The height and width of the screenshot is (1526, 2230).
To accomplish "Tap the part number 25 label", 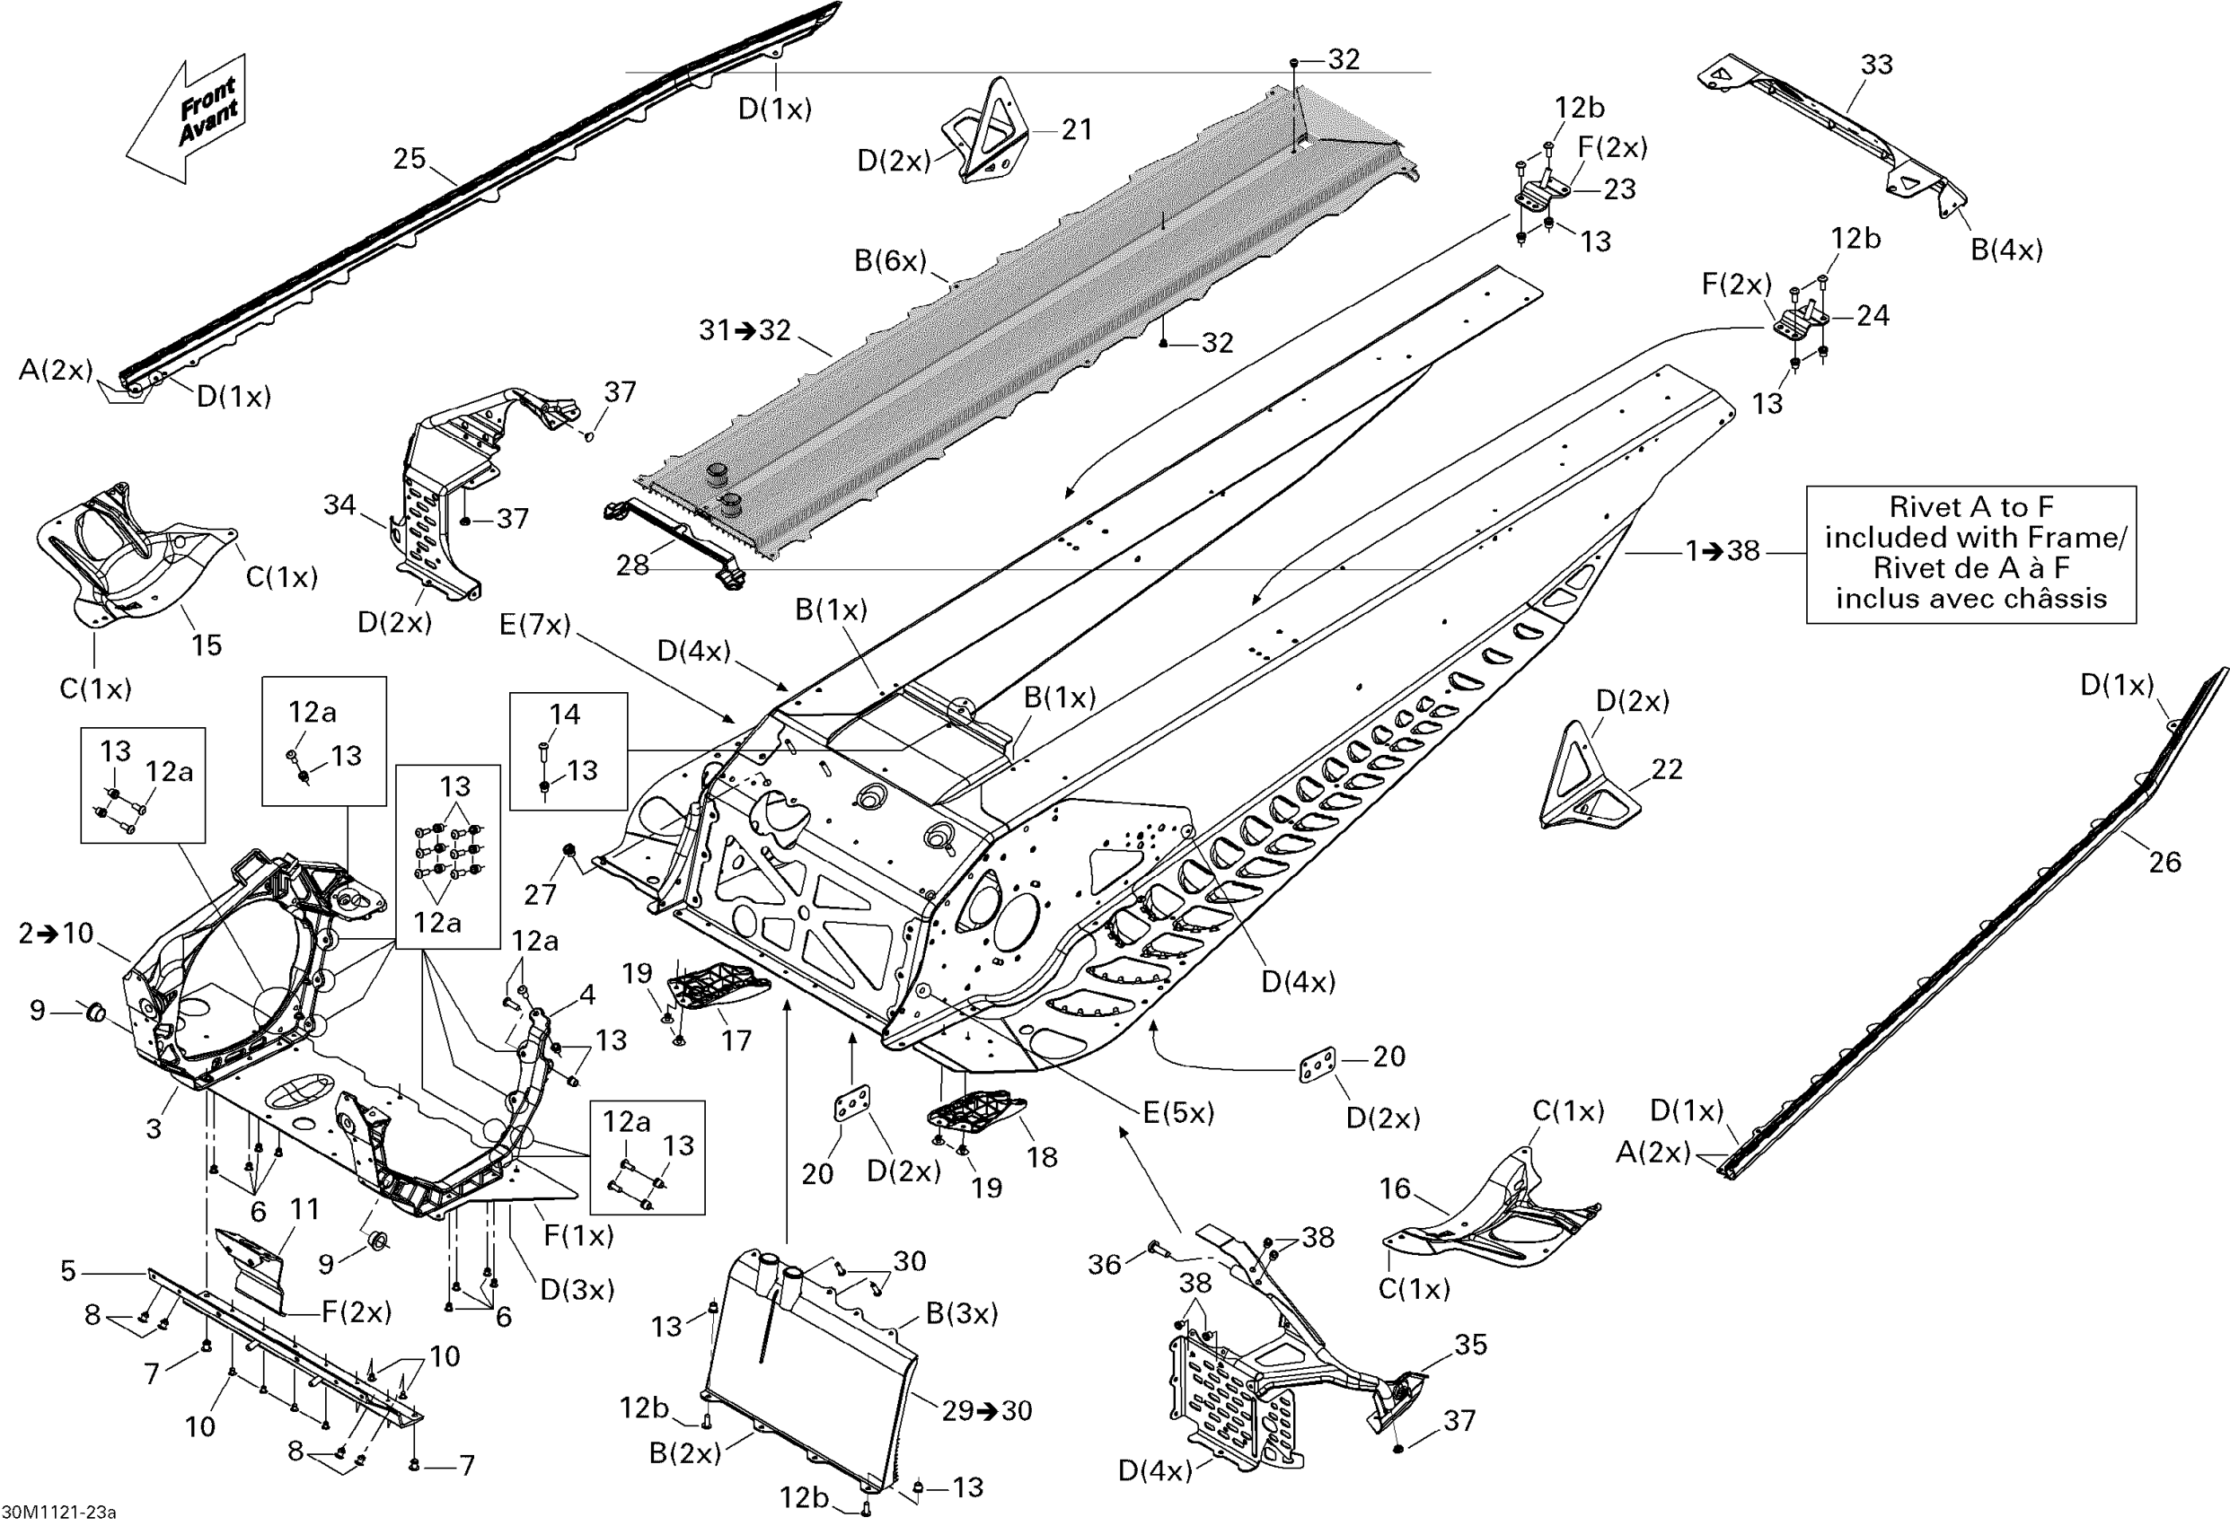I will point(410,159).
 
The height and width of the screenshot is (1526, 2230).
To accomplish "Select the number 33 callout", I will point(1877,66).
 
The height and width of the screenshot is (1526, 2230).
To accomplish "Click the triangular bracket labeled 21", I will point(988,135).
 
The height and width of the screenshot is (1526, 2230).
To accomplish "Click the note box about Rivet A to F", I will point(1971,554).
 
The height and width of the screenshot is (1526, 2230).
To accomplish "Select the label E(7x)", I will point(534,626).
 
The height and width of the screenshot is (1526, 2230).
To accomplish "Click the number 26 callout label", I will point(2164,863).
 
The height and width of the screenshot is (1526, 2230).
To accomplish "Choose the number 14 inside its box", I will point(564,715).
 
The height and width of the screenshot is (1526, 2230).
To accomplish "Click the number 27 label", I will point(541,895).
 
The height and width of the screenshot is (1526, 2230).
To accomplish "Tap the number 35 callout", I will point(1470,1345).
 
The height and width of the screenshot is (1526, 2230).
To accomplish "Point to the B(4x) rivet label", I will point(2006,250).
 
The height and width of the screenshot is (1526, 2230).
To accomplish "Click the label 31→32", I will point(745,331).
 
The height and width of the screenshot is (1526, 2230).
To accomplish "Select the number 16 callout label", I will point(1394,1189).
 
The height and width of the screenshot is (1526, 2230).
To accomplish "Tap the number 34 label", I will point(339,505).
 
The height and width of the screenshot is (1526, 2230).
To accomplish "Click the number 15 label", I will point(207,645).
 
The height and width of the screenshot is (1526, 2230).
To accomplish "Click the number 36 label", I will point(1105,1264).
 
